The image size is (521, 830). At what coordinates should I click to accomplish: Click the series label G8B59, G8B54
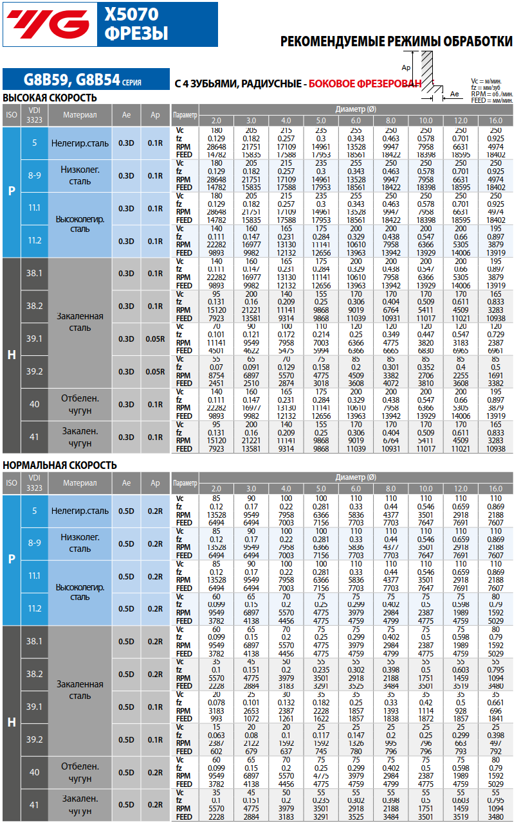(72, 80)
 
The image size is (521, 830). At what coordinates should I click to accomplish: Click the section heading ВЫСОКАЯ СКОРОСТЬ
(50, 98)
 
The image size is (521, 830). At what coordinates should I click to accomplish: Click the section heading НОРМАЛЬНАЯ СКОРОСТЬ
(60, 465)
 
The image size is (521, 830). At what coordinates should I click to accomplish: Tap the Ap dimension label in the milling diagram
(406, 67)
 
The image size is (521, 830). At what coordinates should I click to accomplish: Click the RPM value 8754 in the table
(216, 375)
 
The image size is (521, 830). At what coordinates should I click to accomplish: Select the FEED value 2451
(216, 384)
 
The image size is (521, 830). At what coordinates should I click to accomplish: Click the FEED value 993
(216, 718)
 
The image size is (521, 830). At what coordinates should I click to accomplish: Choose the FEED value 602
(216, 751)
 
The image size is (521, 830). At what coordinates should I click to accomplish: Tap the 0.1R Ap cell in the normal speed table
(155, 739)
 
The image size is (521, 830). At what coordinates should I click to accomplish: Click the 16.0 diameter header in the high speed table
(495, 121)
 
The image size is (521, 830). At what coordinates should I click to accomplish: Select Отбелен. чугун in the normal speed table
(80, 772)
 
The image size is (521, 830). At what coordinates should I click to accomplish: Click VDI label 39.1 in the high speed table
(34, 339)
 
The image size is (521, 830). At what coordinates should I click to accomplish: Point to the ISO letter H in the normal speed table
(11, 723)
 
